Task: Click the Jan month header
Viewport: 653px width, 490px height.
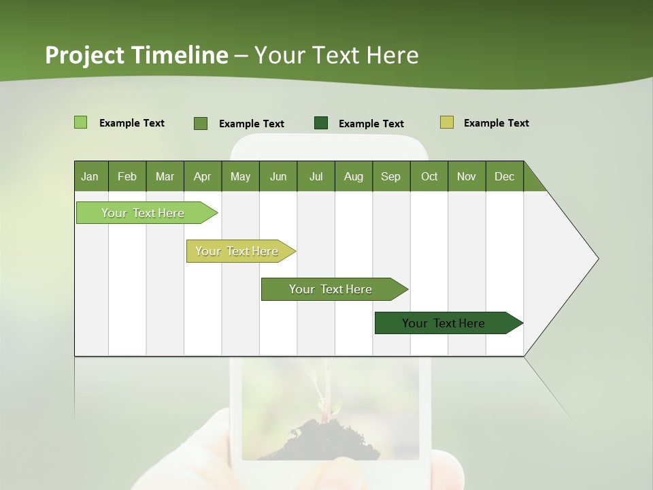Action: click(x=90, y=176)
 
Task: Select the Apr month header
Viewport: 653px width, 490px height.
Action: click(x=202, y=176)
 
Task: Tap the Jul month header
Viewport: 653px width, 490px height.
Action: click(x=316, y=176)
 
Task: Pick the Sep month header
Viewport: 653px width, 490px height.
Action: click(x=390, y=176)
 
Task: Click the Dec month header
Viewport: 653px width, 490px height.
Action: click(x=504, y=176)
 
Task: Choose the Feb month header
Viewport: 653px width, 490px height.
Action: click(x=127, y=176)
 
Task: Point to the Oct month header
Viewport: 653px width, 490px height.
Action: click(x=429, y=176)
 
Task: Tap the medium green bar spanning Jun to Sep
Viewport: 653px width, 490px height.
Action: click(x=331, y=289)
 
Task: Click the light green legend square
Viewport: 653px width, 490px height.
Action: click(x=80, y=122)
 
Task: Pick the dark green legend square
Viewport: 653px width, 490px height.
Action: click(x=321, y=122)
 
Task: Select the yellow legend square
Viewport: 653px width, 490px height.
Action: click(x=446, y=122)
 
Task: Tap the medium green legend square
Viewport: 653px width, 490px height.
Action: click(x=201, y=123)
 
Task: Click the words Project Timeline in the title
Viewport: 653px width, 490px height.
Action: click(x=137, y=55)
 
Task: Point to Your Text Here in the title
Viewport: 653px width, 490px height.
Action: click(x=336, y=55)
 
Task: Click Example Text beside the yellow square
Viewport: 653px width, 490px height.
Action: click(x=496, y=123)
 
